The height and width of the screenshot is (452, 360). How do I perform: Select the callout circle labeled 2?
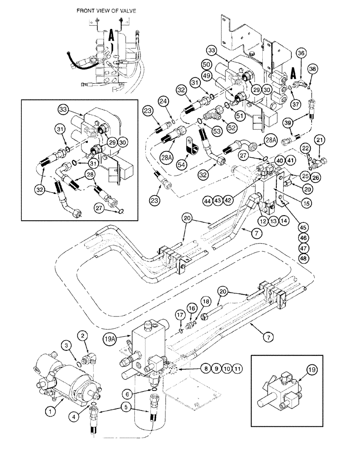tap(82, 335)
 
